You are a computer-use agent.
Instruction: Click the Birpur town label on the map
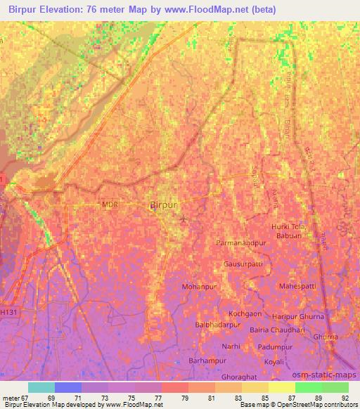[167, 204]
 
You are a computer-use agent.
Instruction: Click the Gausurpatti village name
[243, 265]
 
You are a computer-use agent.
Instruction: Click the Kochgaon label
[246, 313]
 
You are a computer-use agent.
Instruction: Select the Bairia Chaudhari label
[276, 328]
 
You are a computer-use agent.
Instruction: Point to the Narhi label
[231, 346]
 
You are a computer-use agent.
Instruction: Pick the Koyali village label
[274, 362]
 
